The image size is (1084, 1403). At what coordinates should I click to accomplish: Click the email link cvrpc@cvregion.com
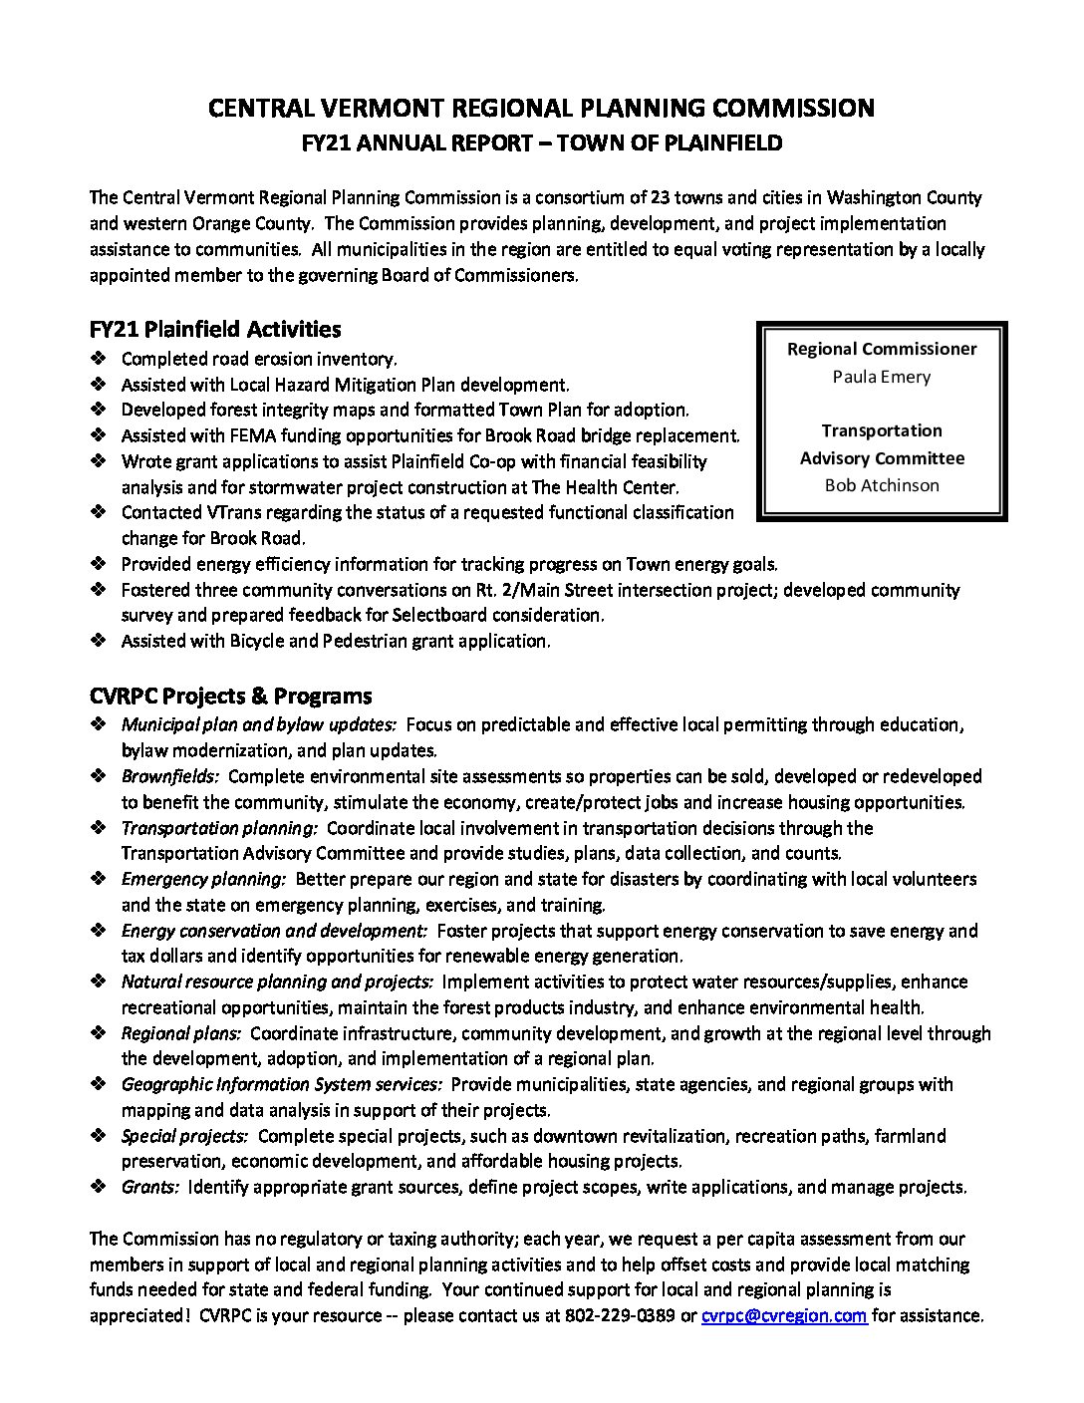pyautogui.click(x=783, y=1315)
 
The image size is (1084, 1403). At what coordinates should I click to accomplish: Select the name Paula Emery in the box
pyautogui.click(x=882, y=377)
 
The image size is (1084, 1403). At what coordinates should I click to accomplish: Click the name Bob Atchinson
pyautogui.click(x=882, y=485)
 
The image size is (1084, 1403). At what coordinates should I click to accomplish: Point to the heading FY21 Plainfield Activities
pyautogui.click(x=214, y=329)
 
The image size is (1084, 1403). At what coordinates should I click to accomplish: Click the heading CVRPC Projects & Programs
pyautogui.click(x=230, y=696)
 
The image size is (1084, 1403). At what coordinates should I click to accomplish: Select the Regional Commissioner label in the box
pyautogui.click(x=882, y=349)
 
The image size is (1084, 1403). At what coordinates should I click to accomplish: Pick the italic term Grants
pyautogui.click(x=150, y=1187)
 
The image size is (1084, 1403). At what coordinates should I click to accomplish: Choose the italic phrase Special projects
pyautogui.click(x=184, y=1136)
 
